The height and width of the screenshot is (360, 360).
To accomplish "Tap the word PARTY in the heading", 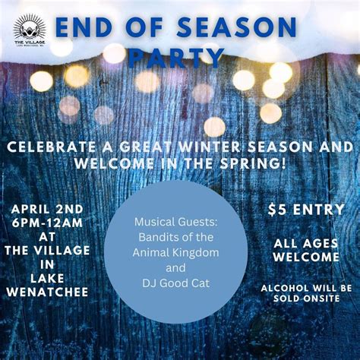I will coord(175,58).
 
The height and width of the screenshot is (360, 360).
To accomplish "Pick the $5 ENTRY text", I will coord(306,210).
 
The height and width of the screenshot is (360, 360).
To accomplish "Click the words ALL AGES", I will coord(306,243).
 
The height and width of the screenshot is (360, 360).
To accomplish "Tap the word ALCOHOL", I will coord(289,288).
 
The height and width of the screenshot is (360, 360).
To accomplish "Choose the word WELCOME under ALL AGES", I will coord(306,257).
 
